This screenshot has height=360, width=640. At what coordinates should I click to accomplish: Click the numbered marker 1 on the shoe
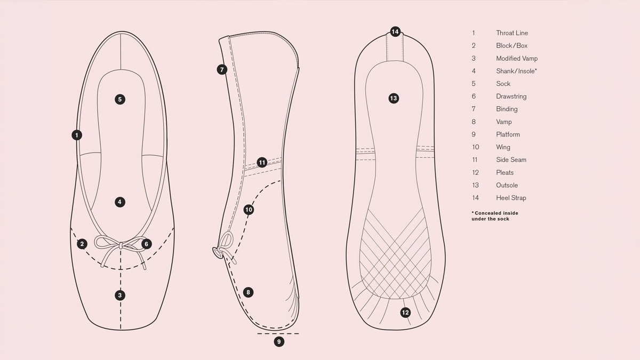[77, 135]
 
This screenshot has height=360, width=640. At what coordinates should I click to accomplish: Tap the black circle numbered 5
[120, 99]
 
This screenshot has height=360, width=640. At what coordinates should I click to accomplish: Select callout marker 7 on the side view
[222, 69]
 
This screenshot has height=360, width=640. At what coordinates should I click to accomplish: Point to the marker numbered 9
[279, 341]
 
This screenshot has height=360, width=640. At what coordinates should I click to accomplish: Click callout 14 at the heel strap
[395, 31]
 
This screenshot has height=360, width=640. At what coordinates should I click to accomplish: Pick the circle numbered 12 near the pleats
[405, 313]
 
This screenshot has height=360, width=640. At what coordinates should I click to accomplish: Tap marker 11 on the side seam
[262, 163]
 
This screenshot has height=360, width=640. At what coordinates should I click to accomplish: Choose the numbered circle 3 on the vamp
[120, 295]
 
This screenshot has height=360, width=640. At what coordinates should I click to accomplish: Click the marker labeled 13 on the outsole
[394, 99]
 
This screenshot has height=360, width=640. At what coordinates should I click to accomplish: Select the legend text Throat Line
[512, 33]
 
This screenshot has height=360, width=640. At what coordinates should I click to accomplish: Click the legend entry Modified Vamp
[517, 59]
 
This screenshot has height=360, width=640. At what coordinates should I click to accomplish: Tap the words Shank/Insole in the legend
[515, 71]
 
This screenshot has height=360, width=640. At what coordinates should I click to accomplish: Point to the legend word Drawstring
[511, 97]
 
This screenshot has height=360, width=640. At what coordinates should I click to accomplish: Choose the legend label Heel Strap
[511, 198]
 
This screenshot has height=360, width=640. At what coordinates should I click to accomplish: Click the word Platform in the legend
[508, 134]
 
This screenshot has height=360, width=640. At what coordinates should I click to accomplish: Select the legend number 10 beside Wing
[475, 147]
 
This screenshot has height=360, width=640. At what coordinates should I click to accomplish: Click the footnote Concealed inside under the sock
[495, 216]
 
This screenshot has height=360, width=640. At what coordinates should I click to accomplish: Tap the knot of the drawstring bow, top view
[121, 245]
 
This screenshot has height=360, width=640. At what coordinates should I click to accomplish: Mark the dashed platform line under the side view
[278, 333]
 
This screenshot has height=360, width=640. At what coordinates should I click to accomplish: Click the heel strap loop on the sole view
[395, 47]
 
